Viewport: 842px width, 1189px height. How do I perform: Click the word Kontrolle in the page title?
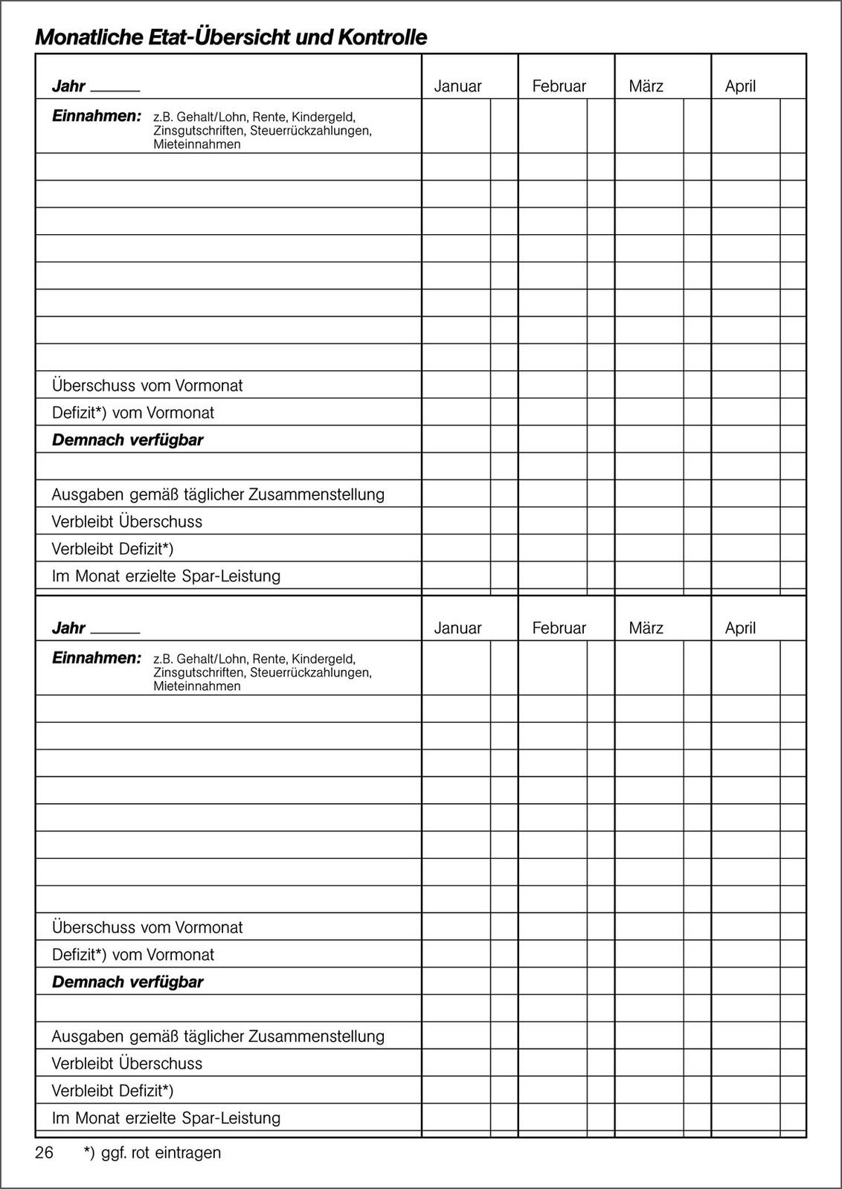click(x=382, y=37)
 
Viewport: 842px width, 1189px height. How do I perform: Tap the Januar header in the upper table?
click(x=457, y=86)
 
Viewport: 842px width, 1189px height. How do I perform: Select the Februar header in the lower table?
click(x=559, y=628)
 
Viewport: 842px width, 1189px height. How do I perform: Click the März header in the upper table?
click(x=646, y=86)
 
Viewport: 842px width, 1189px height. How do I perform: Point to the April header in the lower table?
click(x=740, y=628)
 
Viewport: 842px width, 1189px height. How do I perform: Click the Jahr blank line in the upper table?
click(x=115, y=89)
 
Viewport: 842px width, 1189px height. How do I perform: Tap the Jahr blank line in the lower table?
click(x=115, y=631)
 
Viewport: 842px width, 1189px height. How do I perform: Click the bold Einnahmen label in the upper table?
click(x=96, y=117)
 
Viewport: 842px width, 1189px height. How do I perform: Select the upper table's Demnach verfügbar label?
click(x=127, y=440)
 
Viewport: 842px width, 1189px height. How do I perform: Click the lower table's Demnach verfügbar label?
click(x=127, y=982)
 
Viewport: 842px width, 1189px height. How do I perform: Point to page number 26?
click(x=45, y=1153)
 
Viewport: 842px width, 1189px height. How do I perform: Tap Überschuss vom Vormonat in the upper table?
click(x=147, y=386)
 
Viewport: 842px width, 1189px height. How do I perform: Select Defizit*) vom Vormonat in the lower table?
click(x=133, y=955)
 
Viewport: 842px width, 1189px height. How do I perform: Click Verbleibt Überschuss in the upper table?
click(x=127, y=522)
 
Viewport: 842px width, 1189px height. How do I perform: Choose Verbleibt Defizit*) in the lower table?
click(x=112, y=1091)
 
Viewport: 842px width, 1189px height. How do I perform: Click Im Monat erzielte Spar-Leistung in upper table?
click(x=166, y=576)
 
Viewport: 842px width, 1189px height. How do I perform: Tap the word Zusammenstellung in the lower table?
click(x=316, y=1037)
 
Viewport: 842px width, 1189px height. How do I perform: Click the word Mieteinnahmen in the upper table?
click(x=197, y=144)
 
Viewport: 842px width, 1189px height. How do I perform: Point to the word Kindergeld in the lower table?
click(x=324, y=659)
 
